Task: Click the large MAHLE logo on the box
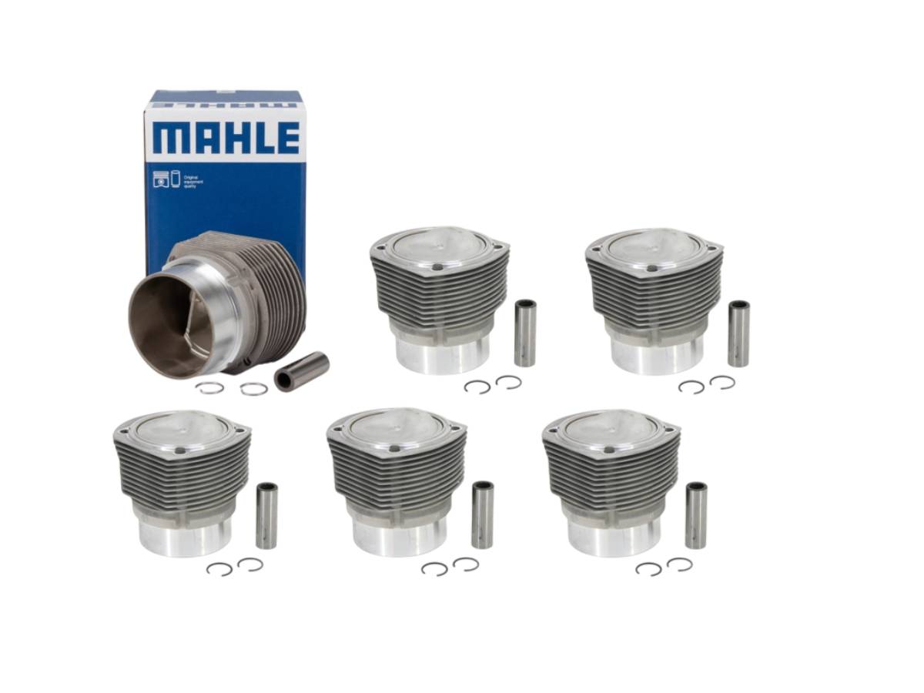[226, 139]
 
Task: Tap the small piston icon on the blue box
[161, 179]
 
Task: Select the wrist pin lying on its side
[302, 371]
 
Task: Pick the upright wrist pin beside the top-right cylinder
[738, 333]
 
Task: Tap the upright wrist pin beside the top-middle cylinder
[525, 333]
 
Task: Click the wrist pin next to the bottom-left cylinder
[266, 515]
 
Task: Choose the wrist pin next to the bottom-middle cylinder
[483, 514]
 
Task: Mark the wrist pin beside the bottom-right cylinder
[696, 514]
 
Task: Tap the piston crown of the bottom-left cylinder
[182, 430]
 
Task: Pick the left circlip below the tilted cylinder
[209, 388]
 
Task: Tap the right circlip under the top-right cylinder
[722, 382]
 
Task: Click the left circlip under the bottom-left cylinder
[219, 569]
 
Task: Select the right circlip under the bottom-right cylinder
[679, 564]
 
